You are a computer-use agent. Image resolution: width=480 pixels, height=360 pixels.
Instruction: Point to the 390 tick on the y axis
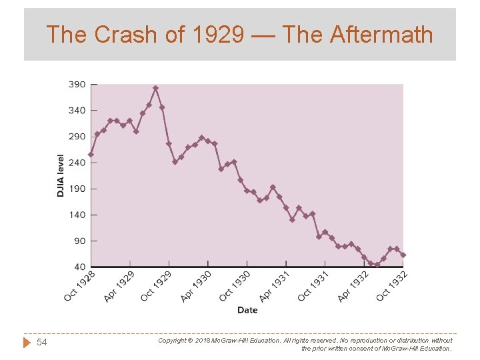coord(77,85)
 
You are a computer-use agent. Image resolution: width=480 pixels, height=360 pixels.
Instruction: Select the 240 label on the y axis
coord(77,163)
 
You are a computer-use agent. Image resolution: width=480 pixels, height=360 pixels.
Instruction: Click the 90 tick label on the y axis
coord(79,241)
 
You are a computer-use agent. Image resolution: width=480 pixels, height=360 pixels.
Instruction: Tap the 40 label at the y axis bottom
coord(79,267)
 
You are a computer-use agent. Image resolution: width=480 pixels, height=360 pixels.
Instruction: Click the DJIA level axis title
coord(61,175)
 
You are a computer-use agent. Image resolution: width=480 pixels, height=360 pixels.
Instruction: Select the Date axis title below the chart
coord(247,310)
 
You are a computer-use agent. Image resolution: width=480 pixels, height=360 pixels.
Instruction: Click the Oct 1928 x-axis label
coord(79,285)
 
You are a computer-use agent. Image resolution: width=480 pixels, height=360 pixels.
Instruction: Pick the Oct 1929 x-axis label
coord(157,285)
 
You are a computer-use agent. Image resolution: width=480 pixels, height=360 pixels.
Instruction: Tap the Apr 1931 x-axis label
coord(274,285)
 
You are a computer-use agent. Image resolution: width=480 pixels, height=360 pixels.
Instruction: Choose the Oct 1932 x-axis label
coord(392,285)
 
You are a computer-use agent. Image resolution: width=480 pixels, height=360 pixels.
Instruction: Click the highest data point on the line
coord(155,88)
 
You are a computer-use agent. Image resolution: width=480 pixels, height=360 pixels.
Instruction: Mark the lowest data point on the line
coord(377,264)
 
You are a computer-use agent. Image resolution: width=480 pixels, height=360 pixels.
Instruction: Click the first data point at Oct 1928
coord(91,154)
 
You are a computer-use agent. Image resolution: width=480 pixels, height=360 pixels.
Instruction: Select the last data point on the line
coord(403,255)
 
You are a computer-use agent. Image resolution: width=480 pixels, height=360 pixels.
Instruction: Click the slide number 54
coord(42,342)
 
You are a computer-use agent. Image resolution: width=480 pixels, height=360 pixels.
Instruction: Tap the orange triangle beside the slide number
coord(27,342)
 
